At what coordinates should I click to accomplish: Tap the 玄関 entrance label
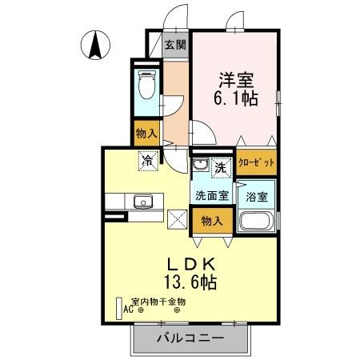point(174,45)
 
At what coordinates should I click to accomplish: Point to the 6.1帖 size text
point(234,99)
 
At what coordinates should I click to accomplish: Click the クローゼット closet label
point(257,162)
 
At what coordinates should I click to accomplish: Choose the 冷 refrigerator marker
point(148,160)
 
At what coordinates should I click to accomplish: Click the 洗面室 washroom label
point(210,194)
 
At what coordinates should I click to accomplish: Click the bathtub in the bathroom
point(258,224)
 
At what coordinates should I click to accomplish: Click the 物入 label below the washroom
point(211,219)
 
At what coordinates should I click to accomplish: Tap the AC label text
point(128,310)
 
